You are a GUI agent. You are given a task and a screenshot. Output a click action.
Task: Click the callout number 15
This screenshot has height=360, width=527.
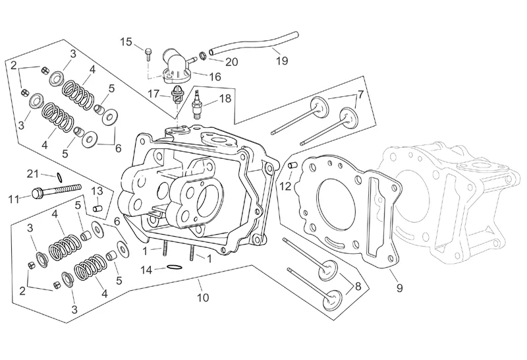click(126, 42)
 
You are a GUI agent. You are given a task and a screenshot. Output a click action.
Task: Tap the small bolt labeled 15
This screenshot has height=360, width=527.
click(148, 54)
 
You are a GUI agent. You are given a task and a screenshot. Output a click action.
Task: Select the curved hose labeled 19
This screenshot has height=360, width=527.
click(254, 42)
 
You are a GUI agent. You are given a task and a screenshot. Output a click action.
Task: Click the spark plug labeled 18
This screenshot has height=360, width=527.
click(197, 105)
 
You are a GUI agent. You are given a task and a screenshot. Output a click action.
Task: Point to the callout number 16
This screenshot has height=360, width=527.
click(215, 76)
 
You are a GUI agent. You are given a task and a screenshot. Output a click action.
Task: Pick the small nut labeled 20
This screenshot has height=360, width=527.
click(203, 55)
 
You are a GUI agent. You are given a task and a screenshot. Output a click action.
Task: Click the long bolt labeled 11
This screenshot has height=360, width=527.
click(57, 190)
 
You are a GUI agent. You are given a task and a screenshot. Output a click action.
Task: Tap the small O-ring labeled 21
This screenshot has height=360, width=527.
click(59, 177)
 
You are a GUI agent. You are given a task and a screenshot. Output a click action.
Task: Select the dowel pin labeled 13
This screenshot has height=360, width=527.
click(97, 208)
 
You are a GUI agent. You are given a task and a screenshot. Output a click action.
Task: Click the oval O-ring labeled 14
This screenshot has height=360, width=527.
click(175, 268)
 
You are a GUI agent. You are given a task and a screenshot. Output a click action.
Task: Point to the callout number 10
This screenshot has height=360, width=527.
click(203, 297)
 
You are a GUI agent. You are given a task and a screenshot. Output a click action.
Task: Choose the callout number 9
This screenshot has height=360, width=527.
click(399, 288)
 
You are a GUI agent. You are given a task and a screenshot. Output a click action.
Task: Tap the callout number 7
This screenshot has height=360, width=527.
click(360, 95)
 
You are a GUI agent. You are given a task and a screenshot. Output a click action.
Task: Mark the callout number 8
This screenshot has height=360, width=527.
click(358, 286)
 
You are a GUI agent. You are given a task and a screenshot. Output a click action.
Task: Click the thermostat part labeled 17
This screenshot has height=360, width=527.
click(177, 94)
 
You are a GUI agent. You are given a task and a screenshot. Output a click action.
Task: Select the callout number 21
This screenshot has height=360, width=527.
click(33, 174)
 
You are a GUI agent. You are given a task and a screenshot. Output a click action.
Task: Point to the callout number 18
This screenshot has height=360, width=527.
click(225, 98)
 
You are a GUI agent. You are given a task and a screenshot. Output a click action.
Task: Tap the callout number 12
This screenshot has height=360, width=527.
click(285, 186)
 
